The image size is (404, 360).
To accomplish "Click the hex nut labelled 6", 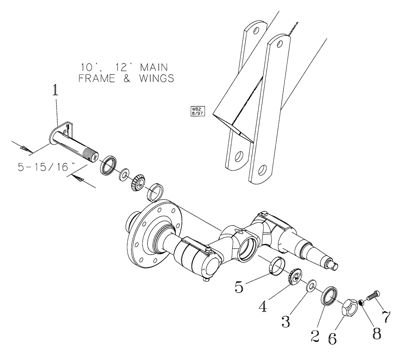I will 349,308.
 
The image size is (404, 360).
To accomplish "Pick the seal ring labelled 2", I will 329,295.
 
